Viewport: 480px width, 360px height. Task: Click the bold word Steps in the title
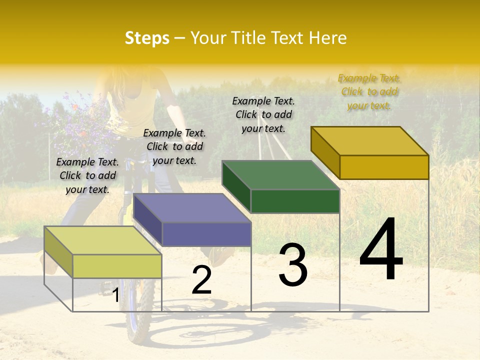[147, 38]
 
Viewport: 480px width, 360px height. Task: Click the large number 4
[381, 250]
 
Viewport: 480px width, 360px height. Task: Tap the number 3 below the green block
[293, 264]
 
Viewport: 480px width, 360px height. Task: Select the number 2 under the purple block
[201, 280]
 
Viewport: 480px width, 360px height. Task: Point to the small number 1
[115, 295]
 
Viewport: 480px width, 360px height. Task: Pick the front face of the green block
[295, 201]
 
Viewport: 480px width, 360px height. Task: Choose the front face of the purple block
[206, 234]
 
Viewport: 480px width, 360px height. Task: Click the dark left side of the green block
[236, 186]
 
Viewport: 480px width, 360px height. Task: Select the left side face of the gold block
[325, 152]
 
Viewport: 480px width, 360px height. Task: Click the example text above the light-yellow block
[87, 175]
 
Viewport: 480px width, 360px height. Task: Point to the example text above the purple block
[174, 146]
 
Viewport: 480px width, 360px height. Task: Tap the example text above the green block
[263, 114]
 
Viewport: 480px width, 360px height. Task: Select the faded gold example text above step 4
[369, 91]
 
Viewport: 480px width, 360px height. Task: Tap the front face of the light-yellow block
[117, 266]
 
